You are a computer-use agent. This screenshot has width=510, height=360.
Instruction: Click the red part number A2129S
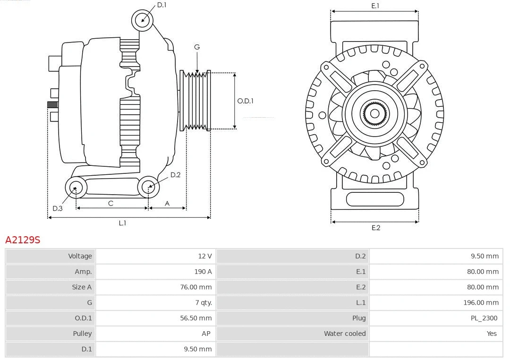click(23, 240)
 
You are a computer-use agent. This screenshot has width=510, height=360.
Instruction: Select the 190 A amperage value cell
click(203, 272)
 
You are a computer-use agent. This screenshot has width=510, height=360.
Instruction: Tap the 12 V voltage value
click(204, 256)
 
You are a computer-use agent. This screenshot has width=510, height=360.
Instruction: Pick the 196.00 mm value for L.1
click(481, 302)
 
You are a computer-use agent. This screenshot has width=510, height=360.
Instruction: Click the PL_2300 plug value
click(484, 318)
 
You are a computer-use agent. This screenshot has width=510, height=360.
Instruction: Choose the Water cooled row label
click(344, 334)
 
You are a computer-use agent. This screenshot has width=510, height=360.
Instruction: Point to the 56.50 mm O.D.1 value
click(195, 318)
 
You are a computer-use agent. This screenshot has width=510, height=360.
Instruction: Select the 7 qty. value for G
click(203, 302)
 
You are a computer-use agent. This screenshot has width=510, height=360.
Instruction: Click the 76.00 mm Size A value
click(195, 287)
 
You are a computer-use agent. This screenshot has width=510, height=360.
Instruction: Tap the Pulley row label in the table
click(82, 334)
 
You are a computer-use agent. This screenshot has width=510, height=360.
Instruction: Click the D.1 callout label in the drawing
click(161, 5)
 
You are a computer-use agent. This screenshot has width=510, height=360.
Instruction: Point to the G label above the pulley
click(197, 47)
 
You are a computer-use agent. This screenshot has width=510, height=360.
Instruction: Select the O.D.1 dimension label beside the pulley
click(245, 101)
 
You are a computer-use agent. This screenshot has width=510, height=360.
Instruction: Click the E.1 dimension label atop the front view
click(375, 6)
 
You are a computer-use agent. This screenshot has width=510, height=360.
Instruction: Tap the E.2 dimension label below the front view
click(375, 228)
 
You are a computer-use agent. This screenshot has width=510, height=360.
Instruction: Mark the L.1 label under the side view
click(122, 223)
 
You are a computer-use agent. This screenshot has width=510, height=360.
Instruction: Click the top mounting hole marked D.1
click(143, 20)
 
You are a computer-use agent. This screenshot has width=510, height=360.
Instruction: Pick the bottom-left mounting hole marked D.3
click(75, 188)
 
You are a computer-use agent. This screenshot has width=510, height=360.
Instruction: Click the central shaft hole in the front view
click(374, 113)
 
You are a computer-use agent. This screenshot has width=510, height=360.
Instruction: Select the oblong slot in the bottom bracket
click(375, 199)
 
